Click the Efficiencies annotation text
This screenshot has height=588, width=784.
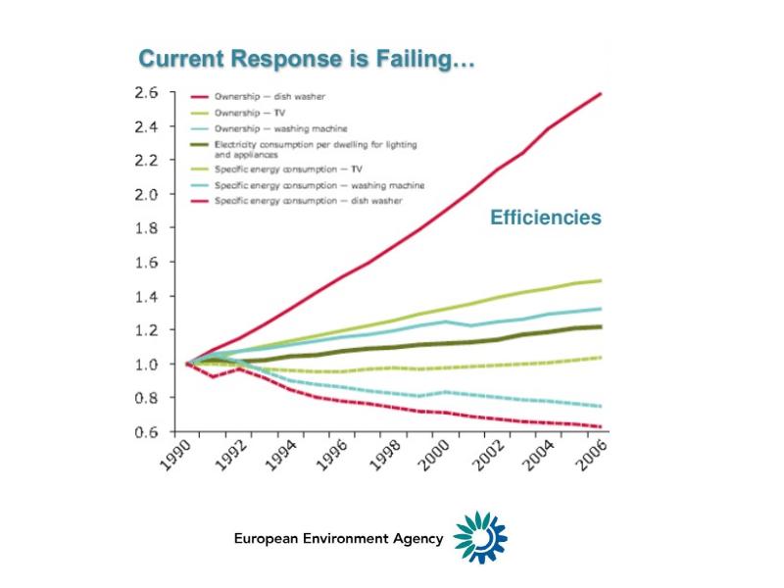[x=545, y=218]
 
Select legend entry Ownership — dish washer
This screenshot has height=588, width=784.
[x=270, y=97]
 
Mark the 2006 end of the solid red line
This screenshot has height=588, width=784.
[x=600, y=93]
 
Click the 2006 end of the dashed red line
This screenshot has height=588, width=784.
[x=600, y=426]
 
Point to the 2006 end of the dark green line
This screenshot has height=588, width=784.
[x=600, y=326]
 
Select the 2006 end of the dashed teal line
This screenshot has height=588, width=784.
[x=600, y=406]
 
